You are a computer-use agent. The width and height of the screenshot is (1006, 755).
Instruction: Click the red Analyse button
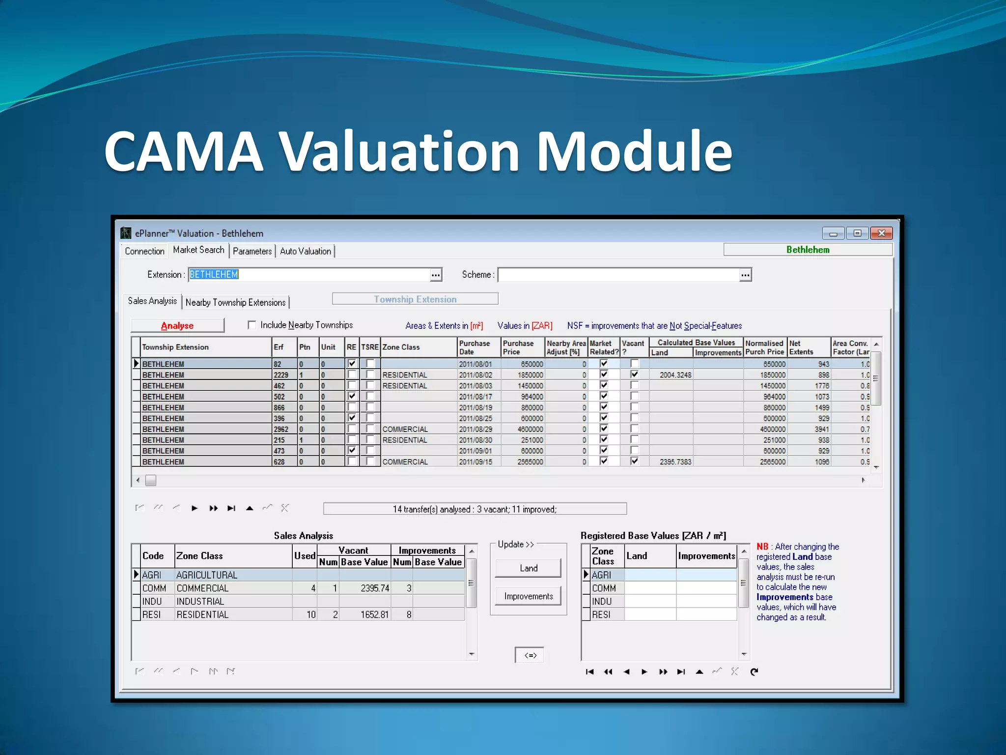pos(177,325)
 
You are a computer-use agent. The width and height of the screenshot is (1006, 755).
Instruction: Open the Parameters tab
pos(252,251)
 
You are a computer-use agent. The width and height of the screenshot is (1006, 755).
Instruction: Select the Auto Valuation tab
pos(305,251)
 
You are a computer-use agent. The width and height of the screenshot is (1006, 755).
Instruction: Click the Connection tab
pos(144,251)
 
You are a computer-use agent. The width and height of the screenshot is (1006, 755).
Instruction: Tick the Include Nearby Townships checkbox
pos(252,325)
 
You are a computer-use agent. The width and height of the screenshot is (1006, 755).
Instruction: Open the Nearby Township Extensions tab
pos(235,302)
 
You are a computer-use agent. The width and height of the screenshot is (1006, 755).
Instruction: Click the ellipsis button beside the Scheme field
pos(745,275)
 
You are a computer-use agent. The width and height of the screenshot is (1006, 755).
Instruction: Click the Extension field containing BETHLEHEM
pos(309,274)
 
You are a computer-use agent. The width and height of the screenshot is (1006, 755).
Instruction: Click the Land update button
pos(528,568)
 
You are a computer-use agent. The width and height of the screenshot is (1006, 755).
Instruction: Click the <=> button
pos(530,655)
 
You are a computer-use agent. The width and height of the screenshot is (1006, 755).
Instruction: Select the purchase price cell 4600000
pos(523,429)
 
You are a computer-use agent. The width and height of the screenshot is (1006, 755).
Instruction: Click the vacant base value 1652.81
pos(365,614)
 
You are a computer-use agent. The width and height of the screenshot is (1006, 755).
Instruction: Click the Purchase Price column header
pos(522,347)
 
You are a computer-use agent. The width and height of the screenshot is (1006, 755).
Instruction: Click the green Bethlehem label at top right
pos(808,250)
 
